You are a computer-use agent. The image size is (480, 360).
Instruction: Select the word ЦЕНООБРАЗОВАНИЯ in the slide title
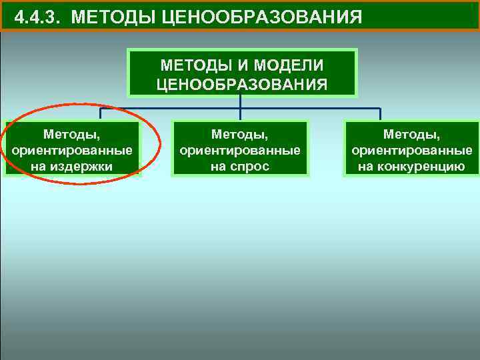tap(262, 16)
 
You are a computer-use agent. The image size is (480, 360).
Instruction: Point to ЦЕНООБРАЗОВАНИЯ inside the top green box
tap(241, 84)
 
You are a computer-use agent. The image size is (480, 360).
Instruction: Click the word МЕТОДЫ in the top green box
tap(193, 66)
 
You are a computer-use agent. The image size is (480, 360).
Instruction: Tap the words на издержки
tap(71, 166)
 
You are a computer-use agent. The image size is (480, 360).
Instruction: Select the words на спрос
tap(240, 166)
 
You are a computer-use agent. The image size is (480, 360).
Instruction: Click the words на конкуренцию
tap(411, 166)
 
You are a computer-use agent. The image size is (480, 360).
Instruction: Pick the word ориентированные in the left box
tap(71, 151)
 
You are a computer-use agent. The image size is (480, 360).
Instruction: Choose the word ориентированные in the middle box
tap(240, 151)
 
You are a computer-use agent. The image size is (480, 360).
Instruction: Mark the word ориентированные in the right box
tap(411, 151)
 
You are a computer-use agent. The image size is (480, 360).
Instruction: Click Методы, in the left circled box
tap(71, 135)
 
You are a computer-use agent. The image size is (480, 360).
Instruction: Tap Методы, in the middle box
tap(240, 135)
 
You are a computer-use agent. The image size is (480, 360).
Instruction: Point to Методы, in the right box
tap(411, 135)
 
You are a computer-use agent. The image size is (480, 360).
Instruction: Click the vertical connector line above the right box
tap(380, 114)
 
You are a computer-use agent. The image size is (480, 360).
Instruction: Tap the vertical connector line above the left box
tap(101, 113)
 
